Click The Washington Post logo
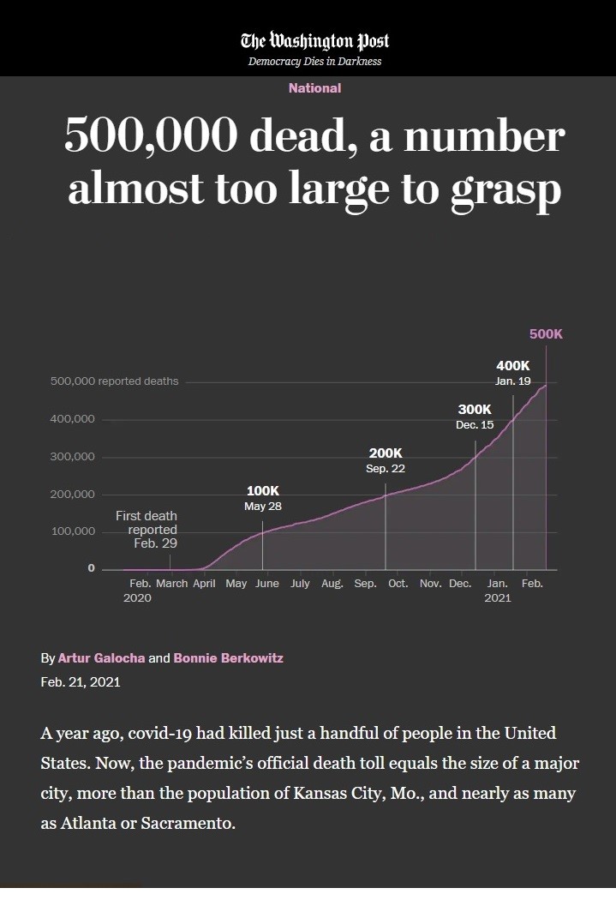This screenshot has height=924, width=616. click(x=314, y=40)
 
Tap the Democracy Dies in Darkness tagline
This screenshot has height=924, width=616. click(x=314, y=62)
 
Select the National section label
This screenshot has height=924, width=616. click(x=314, y=88)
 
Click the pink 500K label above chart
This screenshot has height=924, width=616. click(x=546, y=333)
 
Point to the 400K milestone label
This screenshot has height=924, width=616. click(x=513, y=366)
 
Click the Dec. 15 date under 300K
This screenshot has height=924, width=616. click(x=475, y=425)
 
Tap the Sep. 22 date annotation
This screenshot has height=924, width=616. click(x=386, y=469)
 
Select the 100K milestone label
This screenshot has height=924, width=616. click(x=263, y=490)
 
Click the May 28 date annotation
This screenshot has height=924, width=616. click(x=263, y=507)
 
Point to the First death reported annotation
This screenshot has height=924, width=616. click(x=147, y=529)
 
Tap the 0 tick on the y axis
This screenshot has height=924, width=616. click(x=91, y=569)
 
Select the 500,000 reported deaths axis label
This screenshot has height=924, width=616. click(x=115, y=381)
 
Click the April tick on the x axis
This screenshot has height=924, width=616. click(x=204, y=584)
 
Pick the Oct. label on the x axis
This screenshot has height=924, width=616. click(x=398, y=584)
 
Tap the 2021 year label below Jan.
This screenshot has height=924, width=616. click(x=498, y=598)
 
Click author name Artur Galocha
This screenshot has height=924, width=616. click(x=102, y=658)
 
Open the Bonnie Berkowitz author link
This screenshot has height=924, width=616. click(x=228, y=658)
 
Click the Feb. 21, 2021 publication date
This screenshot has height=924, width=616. click(x=81, y=682)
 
